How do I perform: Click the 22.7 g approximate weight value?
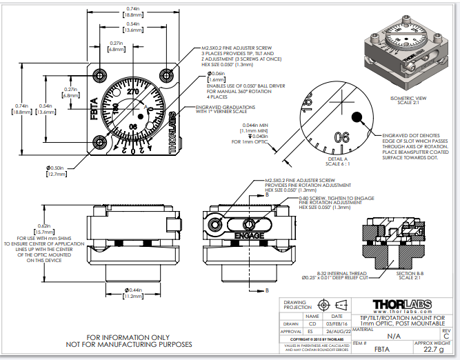tap(434, 349)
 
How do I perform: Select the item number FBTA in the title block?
tap(383, 350)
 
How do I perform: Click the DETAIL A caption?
tap(336, 159)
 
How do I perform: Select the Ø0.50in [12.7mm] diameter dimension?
tap(56, 170)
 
